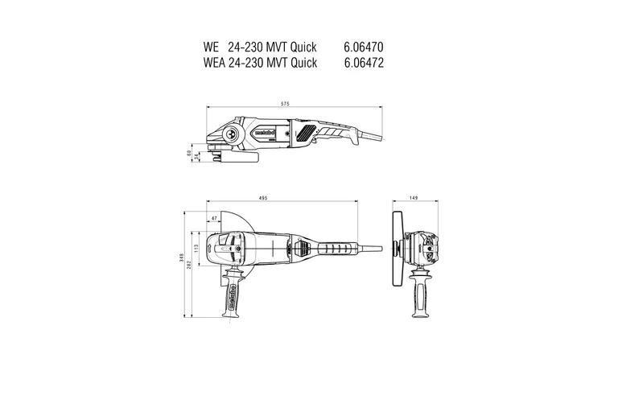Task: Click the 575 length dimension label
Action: click(286, 103)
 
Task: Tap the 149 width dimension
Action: click(412, 198)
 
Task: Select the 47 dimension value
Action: click(214, 218)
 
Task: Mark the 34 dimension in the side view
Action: click(196, 156)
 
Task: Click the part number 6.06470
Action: click(363, 47)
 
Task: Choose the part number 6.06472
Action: click(363, 62)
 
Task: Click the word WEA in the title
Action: click(216, 62)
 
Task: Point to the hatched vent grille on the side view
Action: click(306, 134)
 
